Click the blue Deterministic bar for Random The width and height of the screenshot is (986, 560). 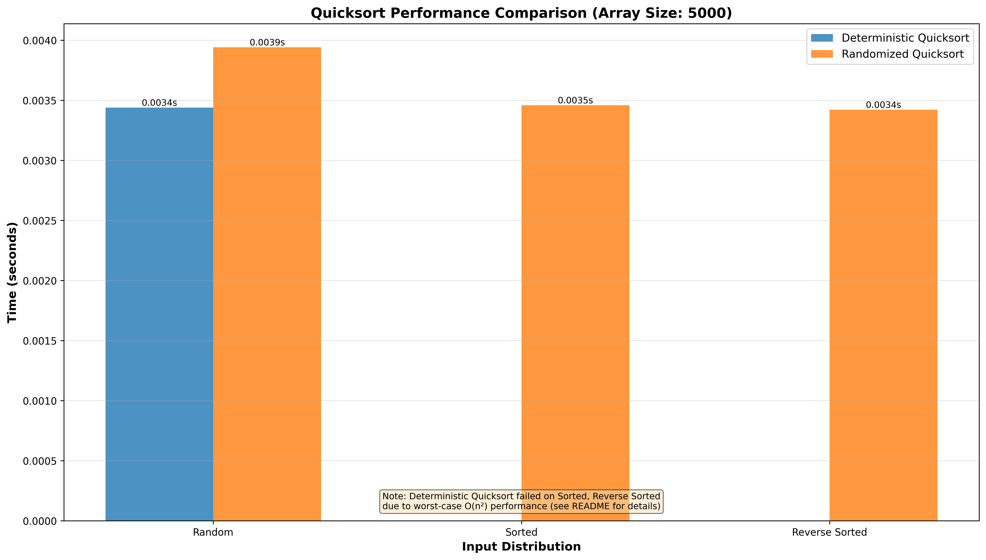[x=159, y=314]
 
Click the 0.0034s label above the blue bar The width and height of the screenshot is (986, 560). [x=159, y=103]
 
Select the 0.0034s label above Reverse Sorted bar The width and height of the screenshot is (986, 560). [x=883, y=105]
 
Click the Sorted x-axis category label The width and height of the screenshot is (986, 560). [x=521, y=532]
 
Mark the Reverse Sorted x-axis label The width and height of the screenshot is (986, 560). [x=829, y=532]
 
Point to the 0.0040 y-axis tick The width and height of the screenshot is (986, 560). [x=40, y=40]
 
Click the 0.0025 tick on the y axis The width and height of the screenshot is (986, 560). [x=40, y=221]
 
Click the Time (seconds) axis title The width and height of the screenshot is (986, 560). [x=12, y=272]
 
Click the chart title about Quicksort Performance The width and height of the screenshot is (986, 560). [x=521, y=13]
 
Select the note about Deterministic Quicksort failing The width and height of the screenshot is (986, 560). [x=521, y=501]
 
